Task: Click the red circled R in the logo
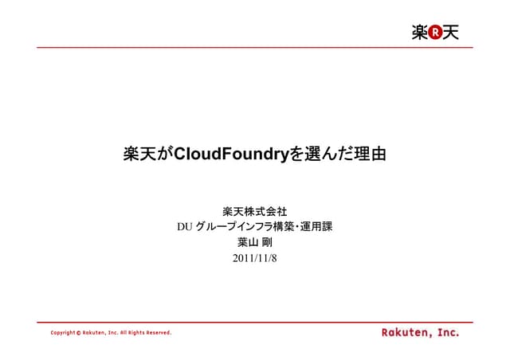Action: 435,33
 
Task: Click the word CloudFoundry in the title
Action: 231,154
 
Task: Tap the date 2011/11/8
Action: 254,258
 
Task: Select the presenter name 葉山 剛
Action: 254,243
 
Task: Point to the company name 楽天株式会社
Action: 254,212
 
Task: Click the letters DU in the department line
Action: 185,228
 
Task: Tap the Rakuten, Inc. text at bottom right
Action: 419,331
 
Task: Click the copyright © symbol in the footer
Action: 78,332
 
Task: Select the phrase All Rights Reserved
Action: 145,332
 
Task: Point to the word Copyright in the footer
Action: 62,332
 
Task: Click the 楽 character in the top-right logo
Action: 420,33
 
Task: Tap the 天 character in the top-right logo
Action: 451,33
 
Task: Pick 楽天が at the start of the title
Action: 147,154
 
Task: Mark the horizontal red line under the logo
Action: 254,47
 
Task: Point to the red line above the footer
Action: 254,322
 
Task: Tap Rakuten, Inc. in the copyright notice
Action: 100,332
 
